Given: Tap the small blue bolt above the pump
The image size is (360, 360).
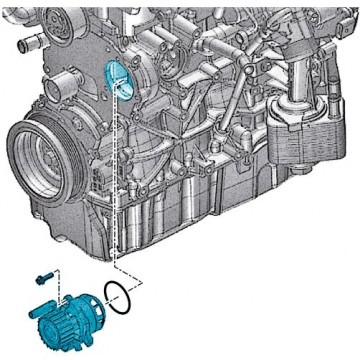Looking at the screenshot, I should pyautogui.click(x=44, y=274).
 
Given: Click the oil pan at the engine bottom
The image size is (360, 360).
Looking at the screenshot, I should pyautogui.click(x=190, y=215).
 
